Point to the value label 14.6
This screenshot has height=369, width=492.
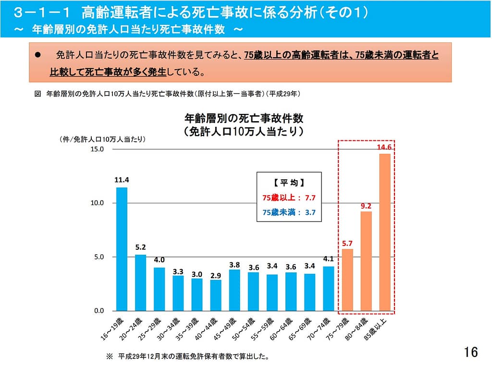(x=385, y=148)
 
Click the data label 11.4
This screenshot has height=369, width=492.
(x=122, y=180)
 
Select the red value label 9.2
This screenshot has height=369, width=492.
(x=366, y=206)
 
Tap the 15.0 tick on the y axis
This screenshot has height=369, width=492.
(x=98, y=149)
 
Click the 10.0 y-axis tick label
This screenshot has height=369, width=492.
(x=98, y=203)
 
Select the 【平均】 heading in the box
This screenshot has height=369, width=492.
(x=288, y=183)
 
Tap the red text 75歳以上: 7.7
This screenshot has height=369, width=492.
(x=288, y=197)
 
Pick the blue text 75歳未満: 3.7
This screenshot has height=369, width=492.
(x=288, y=212)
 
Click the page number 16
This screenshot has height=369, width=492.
(x=471, y=352)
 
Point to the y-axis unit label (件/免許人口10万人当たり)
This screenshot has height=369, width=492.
(x=102, y=139)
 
